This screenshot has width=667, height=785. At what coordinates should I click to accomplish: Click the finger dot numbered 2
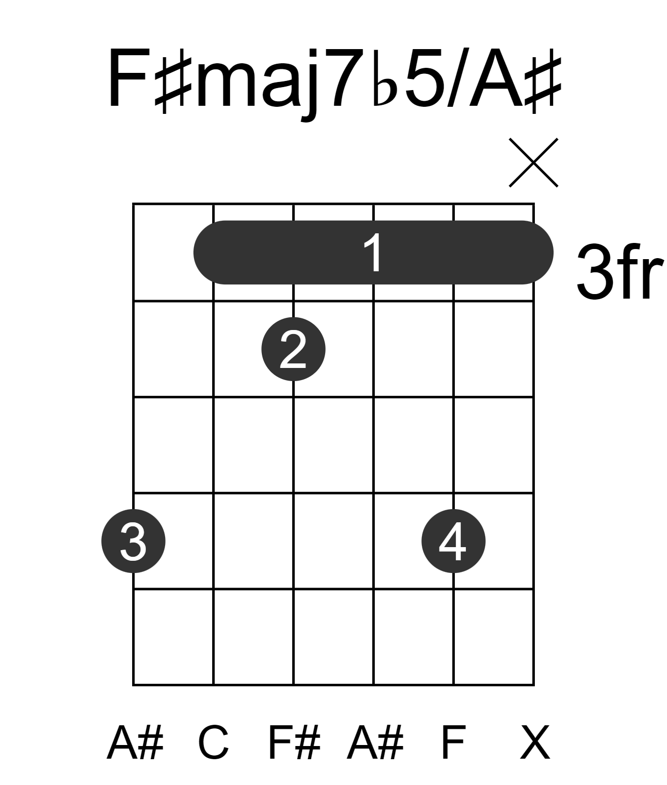pos(293,349)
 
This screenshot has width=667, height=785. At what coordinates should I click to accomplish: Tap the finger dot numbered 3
pos(133,541)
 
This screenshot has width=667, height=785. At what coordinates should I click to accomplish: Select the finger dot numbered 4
pos(453,541)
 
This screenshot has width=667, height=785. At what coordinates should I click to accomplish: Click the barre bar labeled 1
pos(373,253)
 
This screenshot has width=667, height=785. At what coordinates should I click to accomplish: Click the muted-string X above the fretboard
pos(534,162)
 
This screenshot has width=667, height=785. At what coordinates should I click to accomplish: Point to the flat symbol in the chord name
pos(384,78)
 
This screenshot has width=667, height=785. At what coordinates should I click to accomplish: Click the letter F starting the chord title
pos(128,78)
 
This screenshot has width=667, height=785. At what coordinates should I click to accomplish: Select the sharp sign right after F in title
pos(173,81)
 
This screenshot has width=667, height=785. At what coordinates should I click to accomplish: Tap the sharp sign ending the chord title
pos(542,85)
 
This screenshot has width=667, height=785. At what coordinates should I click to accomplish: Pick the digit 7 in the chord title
pos(348,78)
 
